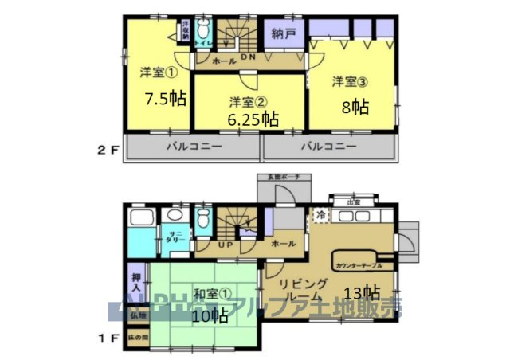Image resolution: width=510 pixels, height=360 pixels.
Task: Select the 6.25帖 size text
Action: [x=253, y=120]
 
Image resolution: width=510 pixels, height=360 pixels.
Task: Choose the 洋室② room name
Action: [x=247, y=101]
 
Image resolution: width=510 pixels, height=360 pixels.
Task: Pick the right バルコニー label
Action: [x=328, y=147]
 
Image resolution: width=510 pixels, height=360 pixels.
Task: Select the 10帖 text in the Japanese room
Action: [x=210, y=315]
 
